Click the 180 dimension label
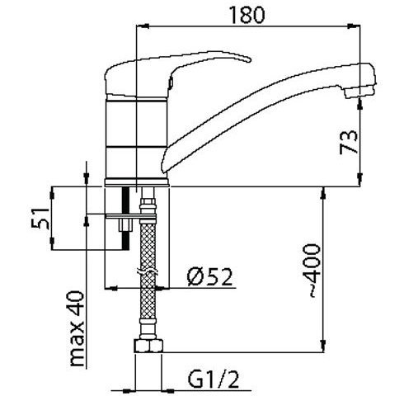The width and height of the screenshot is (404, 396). coord(247,15)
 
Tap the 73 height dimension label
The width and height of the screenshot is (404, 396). coord(349,142)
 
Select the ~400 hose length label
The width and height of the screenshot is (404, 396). coord(312,271)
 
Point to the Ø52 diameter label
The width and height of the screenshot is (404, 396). coord(209,276)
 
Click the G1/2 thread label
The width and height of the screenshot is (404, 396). coord(214,379)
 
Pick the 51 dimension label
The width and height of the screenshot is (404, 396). coord(40,219)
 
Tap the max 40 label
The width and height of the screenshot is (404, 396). coord(77,328)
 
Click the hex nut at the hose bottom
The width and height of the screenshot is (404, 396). coord(148,346)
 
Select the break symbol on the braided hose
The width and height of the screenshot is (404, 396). coord(148,271)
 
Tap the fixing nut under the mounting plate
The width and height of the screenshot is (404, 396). coord(126,225)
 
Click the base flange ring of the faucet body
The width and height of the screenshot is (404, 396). coord(137,182)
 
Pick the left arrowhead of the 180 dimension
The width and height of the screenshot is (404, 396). coord(143,26)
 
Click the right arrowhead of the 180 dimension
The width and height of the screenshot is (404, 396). coord(354,26)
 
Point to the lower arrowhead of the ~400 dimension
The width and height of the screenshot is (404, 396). coord(323,346)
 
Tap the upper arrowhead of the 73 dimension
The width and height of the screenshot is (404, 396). coord(360,105)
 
